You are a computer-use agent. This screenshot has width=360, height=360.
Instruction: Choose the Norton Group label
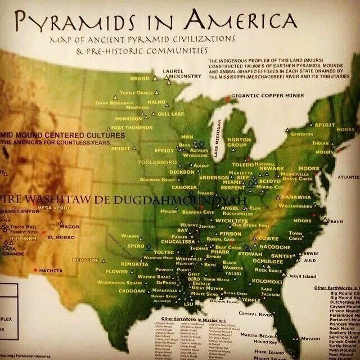click(x=239, y=142)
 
